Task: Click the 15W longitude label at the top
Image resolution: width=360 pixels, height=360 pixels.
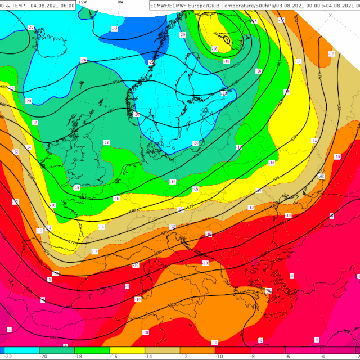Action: tap(82, 2)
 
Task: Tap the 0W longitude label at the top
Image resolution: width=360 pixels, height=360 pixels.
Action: tap(120, 2)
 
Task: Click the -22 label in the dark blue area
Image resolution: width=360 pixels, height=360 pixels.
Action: tap(115, 29)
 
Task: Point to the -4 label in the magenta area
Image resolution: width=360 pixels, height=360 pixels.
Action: tap(9, 329)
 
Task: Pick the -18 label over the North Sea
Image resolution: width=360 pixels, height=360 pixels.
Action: tap(106, 143)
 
